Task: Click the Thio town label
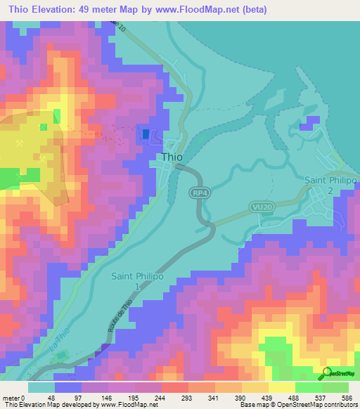click(x=172, y=157)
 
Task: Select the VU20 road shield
click(x=260, y=208)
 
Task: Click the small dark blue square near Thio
click(x=146, y=134)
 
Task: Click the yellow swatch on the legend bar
click(x=281, y=387)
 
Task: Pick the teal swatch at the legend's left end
click(x=41, y=387)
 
